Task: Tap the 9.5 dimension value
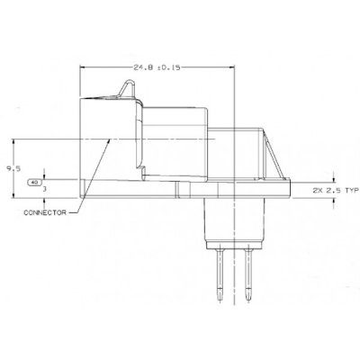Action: pyautogui.click(x=8, y=166)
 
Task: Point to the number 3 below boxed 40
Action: pyautogui.click(x=44, y=190)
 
